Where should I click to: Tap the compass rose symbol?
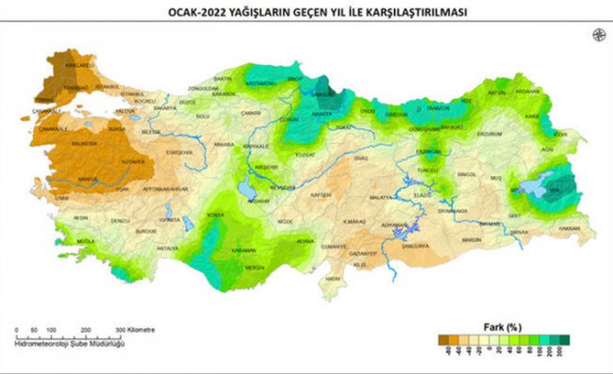(598, 35)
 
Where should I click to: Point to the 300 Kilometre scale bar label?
(136, 330)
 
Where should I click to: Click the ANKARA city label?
(224, 144)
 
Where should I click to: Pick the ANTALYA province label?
(167, 248)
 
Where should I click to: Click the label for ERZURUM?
(489, 134)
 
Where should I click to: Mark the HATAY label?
(332, 279)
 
